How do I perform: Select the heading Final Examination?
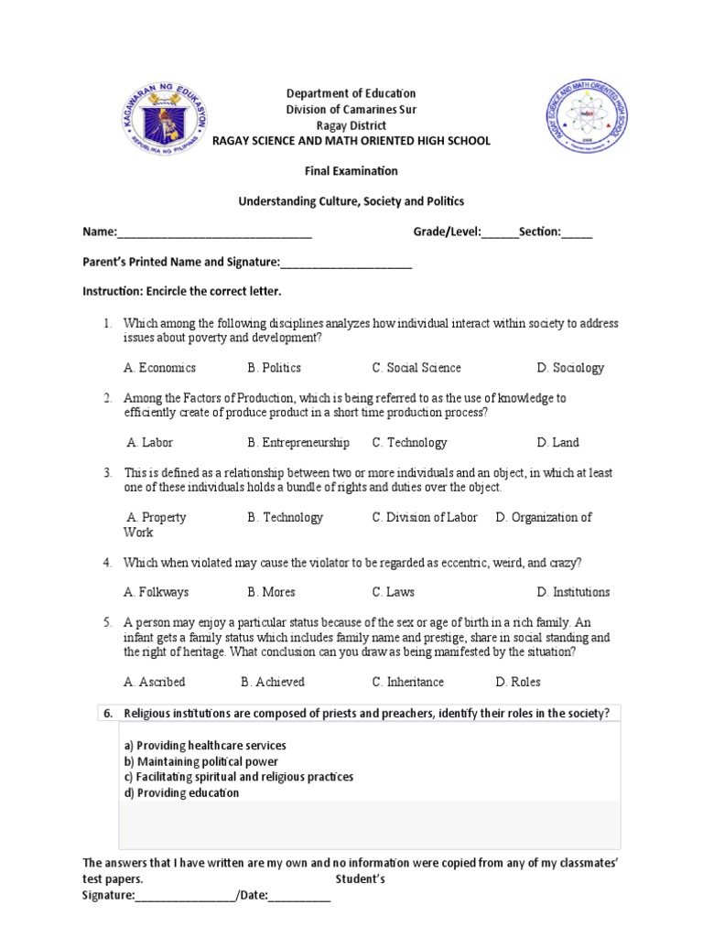tap(351, 170)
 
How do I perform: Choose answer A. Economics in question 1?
tap(160, 368)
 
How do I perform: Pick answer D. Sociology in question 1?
tap(570, 368)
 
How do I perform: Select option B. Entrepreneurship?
tap(298, 443)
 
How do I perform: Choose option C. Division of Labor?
tap(425, 517)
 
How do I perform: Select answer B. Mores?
tap(271, 592)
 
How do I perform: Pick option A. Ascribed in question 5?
tap(155, 682)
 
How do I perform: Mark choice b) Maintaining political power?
tap(201, 761)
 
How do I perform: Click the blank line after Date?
tap(299, 896)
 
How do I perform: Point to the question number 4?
tap(107, 562)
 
